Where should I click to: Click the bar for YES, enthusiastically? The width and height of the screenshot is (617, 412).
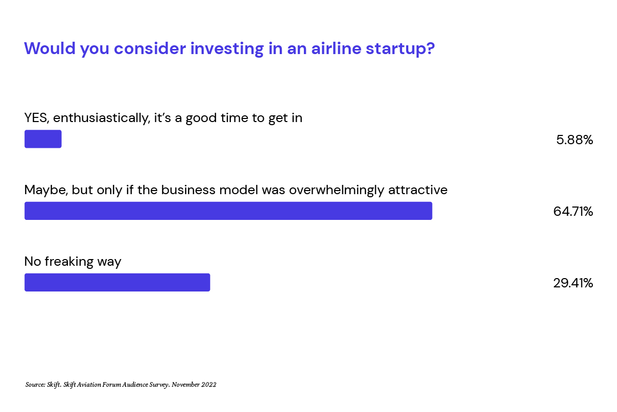pyautogui.click(x=43, y=139)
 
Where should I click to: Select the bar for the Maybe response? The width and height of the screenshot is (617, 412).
pyautogui.click(x=228, y=211)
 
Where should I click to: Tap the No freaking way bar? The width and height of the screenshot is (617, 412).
pyautogui.click(x=117, y=282)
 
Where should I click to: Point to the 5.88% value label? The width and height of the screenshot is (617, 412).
pyautogui.click(x=575, y=140)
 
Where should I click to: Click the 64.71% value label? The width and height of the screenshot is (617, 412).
pyautogui.click(x=573, y=211)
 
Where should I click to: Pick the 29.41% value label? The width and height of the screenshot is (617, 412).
pyautogui.click(x=573, y=283)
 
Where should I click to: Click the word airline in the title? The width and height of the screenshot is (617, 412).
pyautogui.click(x=336, y=48)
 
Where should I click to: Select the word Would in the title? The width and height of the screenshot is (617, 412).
pyautogui.click(x=50, y=48)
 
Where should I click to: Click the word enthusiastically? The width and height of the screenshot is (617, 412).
pyautogui.click(x=102, y=118)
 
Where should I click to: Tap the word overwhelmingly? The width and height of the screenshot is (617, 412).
pyautogui.click(x=336, y=190)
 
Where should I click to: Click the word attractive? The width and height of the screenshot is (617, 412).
pyautogui.click(x=418, y=190)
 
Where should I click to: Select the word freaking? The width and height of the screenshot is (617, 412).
pyautogui.click(x=69, y=262)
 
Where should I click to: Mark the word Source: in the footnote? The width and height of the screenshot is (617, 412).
pyautogui.click(x=35, y=384)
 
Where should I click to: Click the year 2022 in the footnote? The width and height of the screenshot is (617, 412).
pyautogui.click(x=209, y=385)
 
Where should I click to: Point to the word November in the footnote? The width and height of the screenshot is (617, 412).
pyautogui.click(x=186, y=385)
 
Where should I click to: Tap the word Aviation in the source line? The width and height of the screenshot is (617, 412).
pyautogui.click(x=89, y=385)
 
